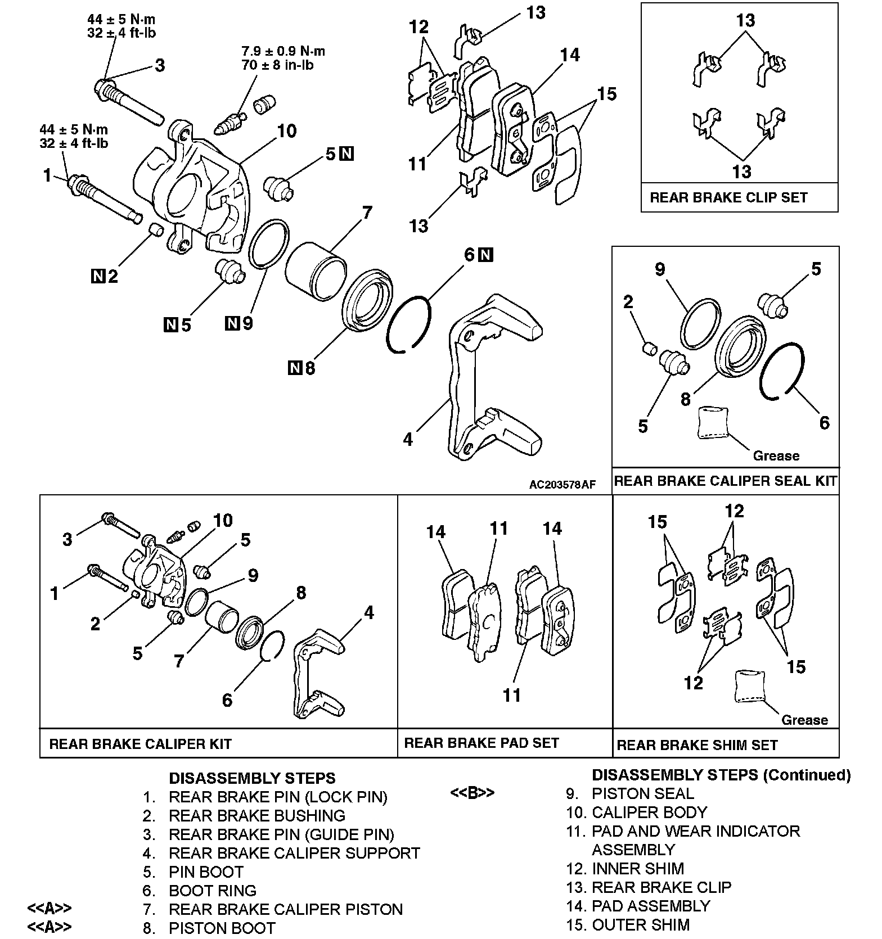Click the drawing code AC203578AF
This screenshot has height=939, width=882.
pyautogui.click(x=561, y=485)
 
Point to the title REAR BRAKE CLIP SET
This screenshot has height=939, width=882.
pyautogui.click(x=728, y=197)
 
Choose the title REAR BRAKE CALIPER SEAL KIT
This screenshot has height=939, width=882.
pyautogui.click(x=725, y=481)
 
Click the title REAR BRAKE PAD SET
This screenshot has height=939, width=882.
pyautogui.click(x=481, y=743)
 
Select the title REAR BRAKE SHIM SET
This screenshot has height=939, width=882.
pyautogui.click(x=697, y=745)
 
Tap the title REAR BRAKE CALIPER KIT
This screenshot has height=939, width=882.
pyautogui.click(x=140, y=744)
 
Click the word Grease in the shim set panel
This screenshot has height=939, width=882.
pyautogui.click(x=804, y=720)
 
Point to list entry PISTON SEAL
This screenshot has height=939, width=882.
pyautogui.click(x=643, y=793)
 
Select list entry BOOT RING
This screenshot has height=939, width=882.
pyautogui.click(x=213, y=891)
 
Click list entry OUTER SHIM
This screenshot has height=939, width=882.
pyautogui.click(x=641, y=925)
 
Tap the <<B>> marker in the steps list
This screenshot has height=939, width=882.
pyautogui.click(x=472, y=793)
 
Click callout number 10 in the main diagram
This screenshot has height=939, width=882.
pyautogui.click(x=287, y=131)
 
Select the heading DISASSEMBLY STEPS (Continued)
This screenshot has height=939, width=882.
pyautogui.click(x=721, y=775)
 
